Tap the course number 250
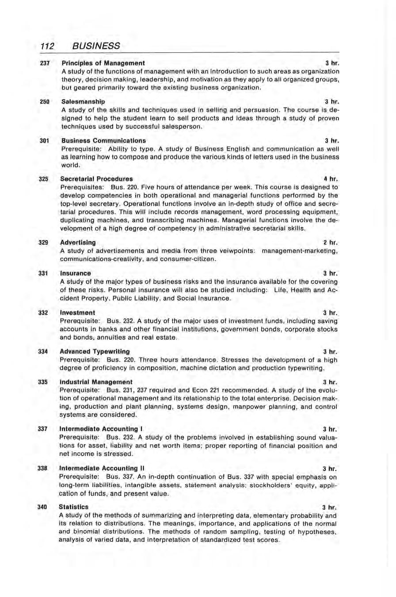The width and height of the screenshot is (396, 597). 43,102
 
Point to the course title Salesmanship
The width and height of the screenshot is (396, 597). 83,102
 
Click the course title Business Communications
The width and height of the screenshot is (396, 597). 103,141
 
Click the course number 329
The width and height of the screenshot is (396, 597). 43,242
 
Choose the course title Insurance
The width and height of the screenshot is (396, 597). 76,273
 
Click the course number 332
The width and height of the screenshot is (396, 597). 43,312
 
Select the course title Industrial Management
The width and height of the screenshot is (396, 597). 97,382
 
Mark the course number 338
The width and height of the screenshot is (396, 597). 43,468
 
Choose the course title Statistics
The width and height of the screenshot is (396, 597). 75,507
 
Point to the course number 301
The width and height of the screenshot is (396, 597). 43,141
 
